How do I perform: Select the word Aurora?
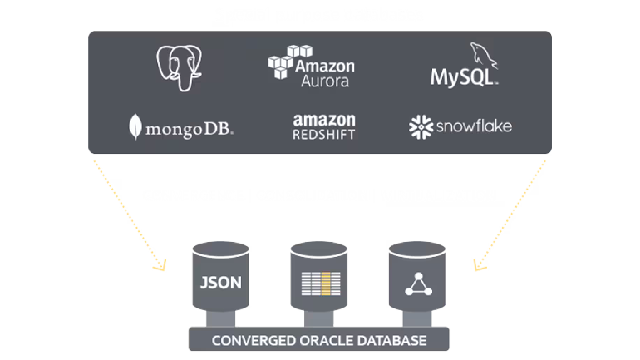point(327,81)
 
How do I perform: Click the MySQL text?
point(462,77)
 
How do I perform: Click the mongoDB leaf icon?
point(135,126)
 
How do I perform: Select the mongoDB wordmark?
point(189,129)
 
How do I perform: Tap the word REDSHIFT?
point(324,134)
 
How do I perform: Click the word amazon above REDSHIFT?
point(324,120)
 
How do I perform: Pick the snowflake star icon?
point(420,126)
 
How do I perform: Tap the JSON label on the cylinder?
point(221,281)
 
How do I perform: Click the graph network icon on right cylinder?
point(416,283)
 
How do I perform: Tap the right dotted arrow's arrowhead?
point(478,267)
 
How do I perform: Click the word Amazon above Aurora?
point(327,66)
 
